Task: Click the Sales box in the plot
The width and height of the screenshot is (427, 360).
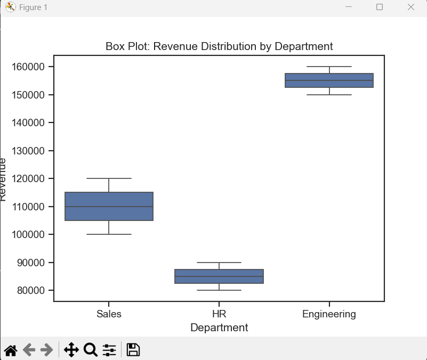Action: [x=109, y=206]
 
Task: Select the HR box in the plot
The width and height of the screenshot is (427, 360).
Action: [x=219, y=276]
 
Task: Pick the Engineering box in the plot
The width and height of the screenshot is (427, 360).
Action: [x=329, y=80]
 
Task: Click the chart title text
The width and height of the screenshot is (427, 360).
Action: [x=219, y=46]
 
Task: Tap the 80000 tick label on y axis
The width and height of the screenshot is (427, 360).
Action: [x=33, y=290]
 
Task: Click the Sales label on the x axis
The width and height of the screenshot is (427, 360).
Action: [x=109, y=314]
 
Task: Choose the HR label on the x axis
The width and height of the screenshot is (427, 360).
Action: [x=219, y=314]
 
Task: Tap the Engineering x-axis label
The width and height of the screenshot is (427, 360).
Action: [x=329, y=314]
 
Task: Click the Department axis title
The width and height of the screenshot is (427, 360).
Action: [x=219, y=328]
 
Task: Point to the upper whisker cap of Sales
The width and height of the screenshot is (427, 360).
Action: [x=109, y=178]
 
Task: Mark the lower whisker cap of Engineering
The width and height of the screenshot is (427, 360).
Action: [x=329, y=95]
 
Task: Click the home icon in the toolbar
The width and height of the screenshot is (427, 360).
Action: [x=11, y=350]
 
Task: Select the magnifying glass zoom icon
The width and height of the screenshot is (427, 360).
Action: [x=91, y=350]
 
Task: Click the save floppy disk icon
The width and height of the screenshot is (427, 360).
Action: [x=133, y=350]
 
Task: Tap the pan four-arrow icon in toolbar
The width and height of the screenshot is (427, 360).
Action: [x=71, y=350]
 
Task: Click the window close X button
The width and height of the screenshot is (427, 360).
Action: [x=410, y=7]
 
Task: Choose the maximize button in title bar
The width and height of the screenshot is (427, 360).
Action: [x=380, y=7]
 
